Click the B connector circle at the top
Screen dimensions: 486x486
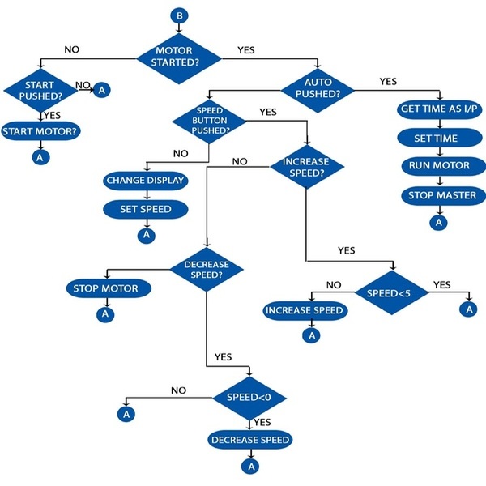179,15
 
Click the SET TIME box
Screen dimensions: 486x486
438,139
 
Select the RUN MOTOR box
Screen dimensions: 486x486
438,166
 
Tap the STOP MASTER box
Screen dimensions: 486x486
438,195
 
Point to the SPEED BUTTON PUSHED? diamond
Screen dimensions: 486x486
210,121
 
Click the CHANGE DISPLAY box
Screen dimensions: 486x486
146,181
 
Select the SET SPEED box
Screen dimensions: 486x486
146,209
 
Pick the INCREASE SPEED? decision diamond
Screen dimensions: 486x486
305,168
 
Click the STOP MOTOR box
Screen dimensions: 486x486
105,288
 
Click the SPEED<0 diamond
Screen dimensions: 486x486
249,398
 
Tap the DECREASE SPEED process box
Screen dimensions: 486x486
249,440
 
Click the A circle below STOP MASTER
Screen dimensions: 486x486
438,222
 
